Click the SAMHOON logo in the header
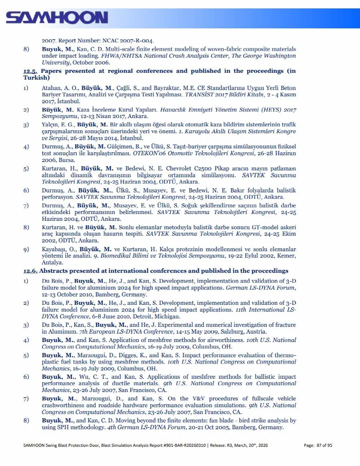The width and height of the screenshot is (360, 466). (x=57, y=18)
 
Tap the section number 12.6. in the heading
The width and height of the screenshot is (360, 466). (x=30, y=271)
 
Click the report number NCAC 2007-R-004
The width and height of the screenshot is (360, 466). (x=134, y=40)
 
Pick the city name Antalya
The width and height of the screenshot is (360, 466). (x=52, y=263)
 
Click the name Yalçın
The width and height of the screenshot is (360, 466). (x=50, y=124)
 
